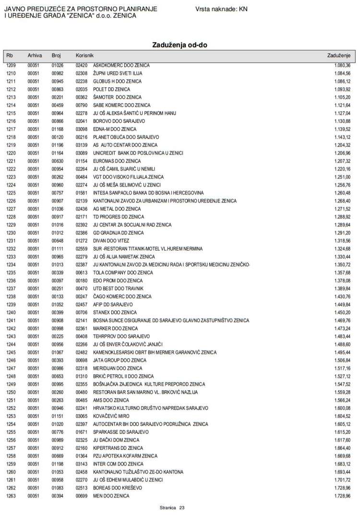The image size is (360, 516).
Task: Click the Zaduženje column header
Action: (339, 56)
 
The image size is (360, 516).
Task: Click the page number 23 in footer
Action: (182, 507)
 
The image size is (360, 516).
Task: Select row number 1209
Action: (11, 65)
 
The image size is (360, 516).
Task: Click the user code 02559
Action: (82, 249)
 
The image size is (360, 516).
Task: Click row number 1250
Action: (11, 392)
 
